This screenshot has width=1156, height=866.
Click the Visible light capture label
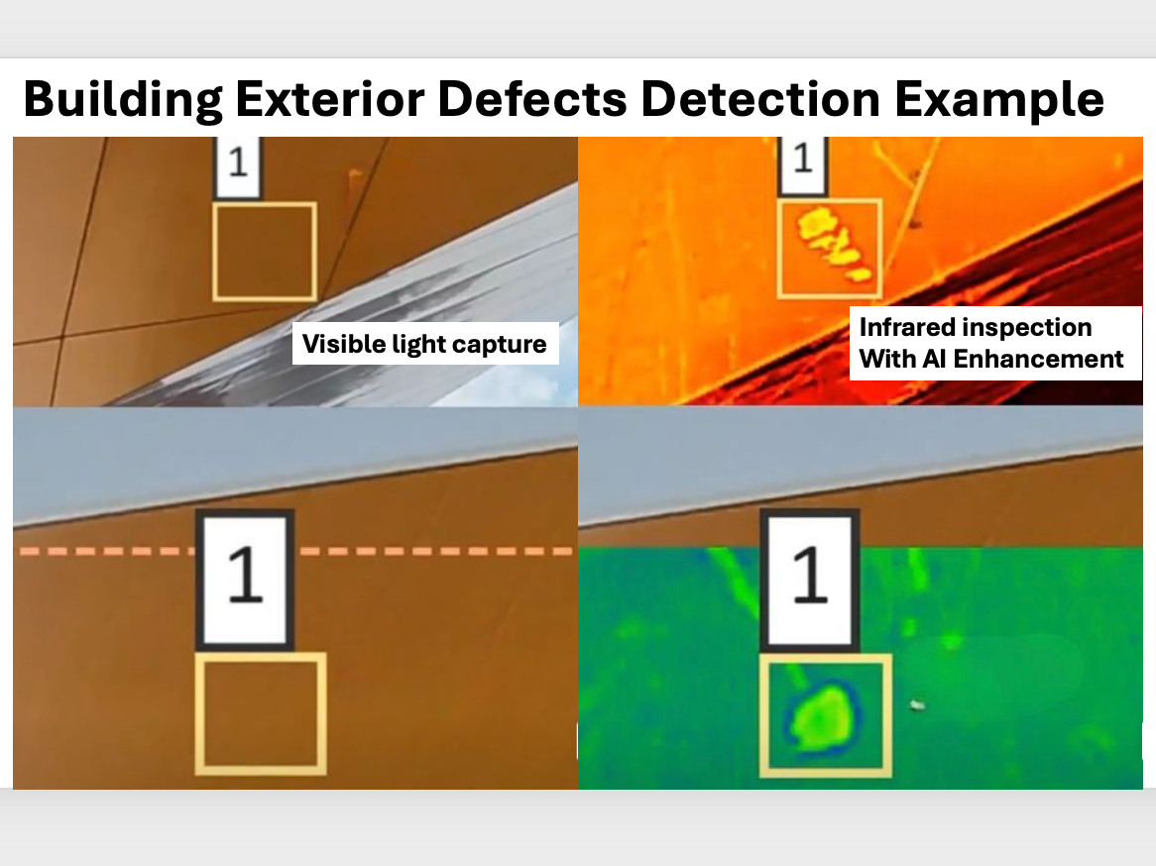424,344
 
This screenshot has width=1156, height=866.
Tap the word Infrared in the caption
908,328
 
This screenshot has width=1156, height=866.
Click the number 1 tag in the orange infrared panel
803,163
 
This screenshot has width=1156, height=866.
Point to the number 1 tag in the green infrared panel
810,577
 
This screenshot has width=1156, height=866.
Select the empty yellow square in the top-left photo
265,251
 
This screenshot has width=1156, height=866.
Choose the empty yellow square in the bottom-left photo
261,713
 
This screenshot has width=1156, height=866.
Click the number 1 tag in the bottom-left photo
244,577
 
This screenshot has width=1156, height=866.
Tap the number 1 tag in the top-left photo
237,165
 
